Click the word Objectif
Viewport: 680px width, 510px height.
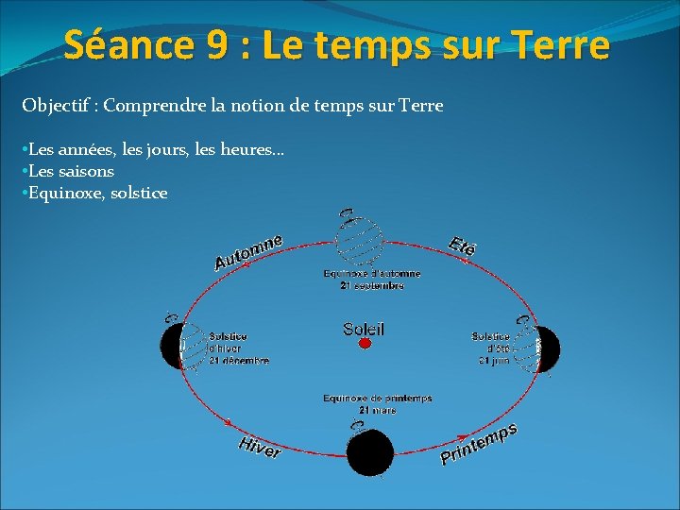57,106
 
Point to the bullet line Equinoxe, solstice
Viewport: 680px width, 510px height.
94,193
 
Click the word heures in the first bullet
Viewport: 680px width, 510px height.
257,149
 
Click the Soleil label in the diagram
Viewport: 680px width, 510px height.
364,330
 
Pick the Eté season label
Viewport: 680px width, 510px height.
462,245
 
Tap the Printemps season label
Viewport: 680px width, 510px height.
479,445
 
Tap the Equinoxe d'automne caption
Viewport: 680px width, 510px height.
372,280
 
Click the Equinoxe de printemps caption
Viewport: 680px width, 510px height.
377,403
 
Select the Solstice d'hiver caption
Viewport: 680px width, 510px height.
238,348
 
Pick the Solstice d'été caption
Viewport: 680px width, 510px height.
491,348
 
